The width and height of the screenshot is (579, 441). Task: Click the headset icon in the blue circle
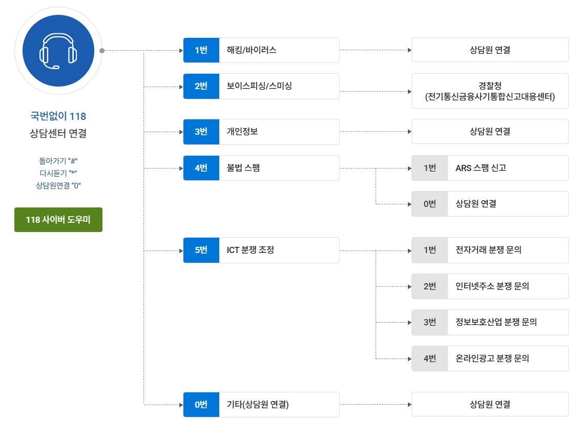[58, 51]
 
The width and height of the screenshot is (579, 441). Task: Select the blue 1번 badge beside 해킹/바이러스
[201, 50]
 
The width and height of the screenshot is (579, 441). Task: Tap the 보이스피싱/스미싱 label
[259, 86]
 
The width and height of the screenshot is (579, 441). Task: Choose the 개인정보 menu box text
[242, 132]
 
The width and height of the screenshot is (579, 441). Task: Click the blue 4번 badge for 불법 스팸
[201, 168]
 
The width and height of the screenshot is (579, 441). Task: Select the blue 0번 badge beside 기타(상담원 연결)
[201, 405]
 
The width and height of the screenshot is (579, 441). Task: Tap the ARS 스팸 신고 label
[481, 168]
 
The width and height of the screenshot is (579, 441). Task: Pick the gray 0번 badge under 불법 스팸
[429, 204]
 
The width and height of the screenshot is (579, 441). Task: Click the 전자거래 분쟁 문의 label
[488, 250]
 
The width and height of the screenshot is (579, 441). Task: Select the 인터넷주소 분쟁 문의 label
[492, 286]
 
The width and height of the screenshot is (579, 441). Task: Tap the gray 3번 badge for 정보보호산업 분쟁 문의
[429, 322]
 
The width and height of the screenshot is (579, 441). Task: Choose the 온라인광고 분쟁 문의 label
[492, 359]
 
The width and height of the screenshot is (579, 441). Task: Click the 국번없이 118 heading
[58, 116]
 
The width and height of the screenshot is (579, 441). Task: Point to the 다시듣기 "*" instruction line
[58, 173]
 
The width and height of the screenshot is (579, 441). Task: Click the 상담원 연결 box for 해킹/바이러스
[490, 50]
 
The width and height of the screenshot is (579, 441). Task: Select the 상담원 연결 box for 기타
[490, 405]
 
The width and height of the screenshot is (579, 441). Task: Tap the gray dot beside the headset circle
[102, 51]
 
